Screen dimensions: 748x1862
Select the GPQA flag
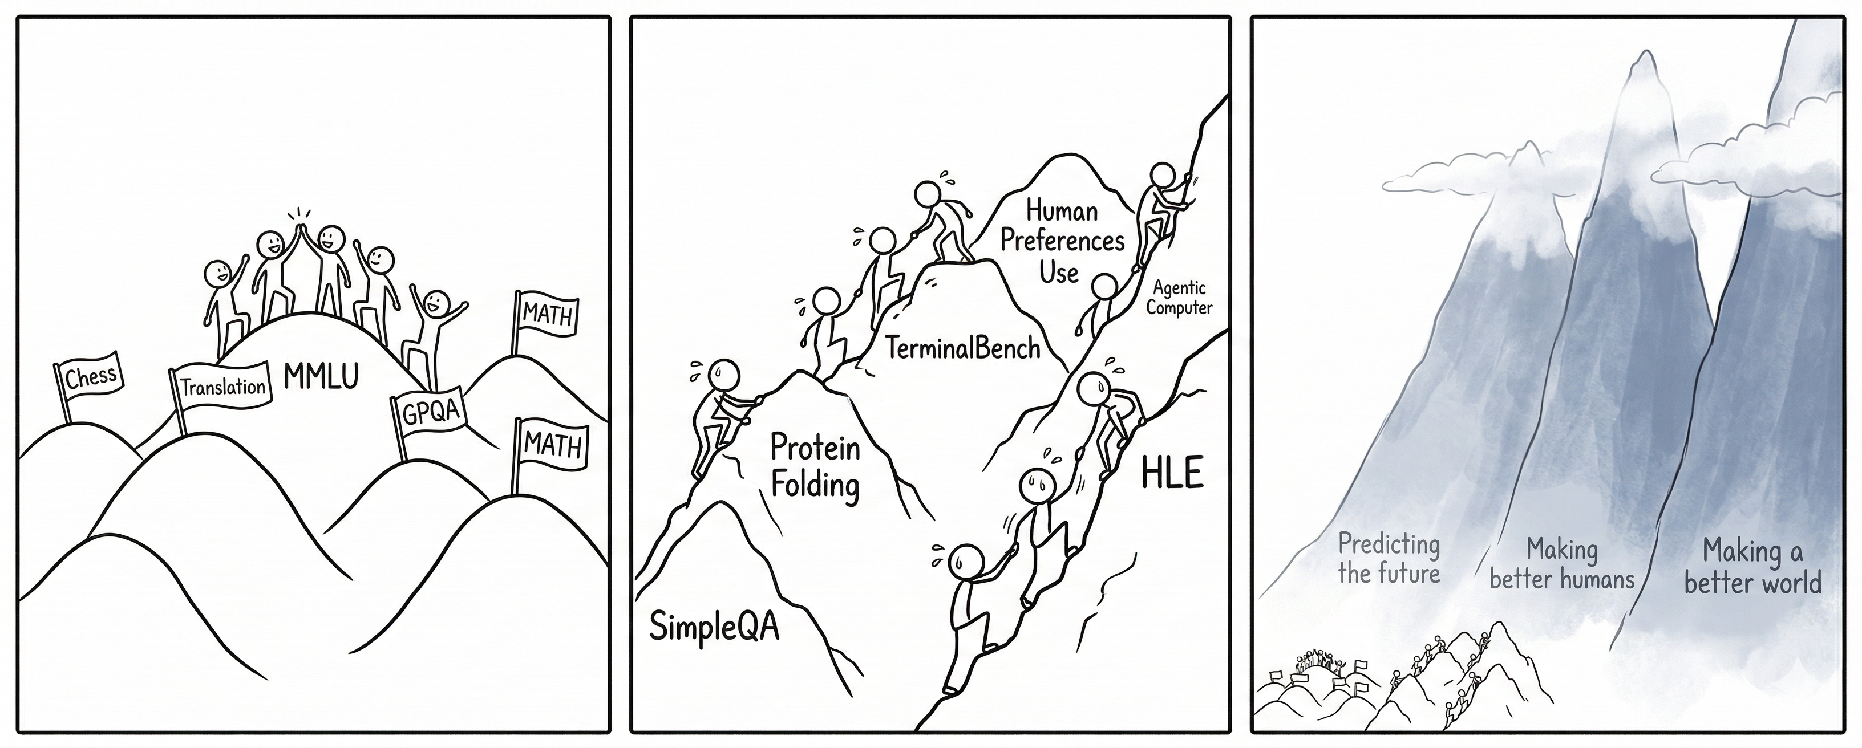coord(431,413)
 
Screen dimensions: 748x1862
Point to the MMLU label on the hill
coord(321,376)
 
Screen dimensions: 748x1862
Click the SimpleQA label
coord(714,625)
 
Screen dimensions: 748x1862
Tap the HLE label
coord(1172,474)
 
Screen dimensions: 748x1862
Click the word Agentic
coord(1179,288)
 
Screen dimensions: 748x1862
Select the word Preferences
coord(1062,241)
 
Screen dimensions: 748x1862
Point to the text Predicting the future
coord(1389,559)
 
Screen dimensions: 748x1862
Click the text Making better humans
coord(1561,564)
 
